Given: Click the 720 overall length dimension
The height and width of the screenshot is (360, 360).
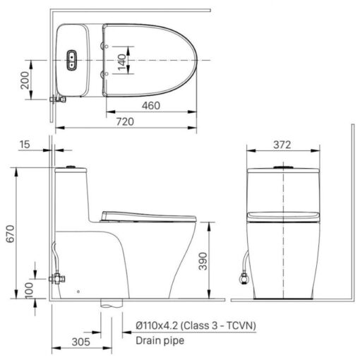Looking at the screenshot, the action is (x=125, y=122).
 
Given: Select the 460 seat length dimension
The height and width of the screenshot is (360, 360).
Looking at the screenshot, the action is (x=151, y=105).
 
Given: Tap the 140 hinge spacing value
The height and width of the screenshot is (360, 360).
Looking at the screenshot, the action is (x=122, y=62).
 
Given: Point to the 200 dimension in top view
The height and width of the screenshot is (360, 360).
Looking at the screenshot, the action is (x=25, y=80).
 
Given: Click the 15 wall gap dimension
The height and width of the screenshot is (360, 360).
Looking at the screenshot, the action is (x=25, y=145).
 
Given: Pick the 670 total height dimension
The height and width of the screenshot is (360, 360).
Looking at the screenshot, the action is (x=11, y=234).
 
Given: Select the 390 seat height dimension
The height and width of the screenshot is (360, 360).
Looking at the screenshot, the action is (x=203, y=261).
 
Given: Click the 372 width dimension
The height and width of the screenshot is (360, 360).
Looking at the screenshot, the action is (x=282, y=145).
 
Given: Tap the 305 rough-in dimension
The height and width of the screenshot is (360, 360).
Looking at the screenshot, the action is (x=81, y=342).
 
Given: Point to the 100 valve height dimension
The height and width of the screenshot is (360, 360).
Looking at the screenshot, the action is (x=29, y=290).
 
